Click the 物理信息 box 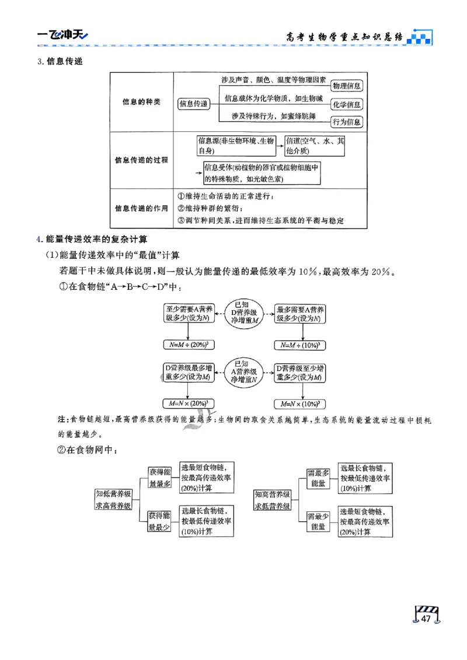click(x=347, y=86)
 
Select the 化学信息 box click(x=347, y=104)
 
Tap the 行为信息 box click(x=347, y=122)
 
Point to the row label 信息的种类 click(x=141, y=103)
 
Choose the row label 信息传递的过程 click(x=141, y=160)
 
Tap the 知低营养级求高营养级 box click(x=113, y=500)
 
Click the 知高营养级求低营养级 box click(x=273, y=500)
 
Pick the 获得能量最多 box click(x=159, y=477)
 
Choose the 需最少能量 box click(x=318, y=521)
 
